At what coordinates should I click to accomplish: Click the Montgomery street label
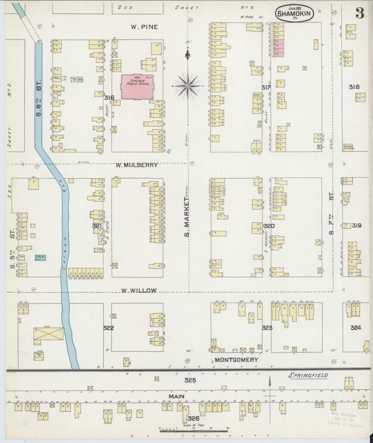(x=236, y=360)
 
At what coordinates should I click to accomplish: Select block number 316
(x=109, y=98)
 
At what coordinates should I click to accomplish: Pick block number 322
(x=108, y=328)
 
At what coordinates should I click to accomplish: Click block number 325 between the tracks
(x=190, y=380)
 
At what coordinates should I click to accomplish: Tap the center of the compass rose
(x=188, y=86)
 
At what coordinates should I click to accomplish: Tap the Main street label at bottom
(x=176, y=396)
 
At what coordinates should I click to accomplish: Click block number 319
(x=356, y=226)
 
